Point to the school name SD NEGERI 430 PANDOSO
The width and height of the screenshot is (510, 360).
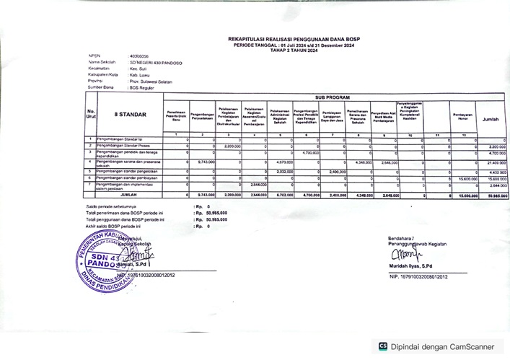157,63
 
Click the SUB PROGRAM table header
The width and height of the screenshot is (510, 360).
332,97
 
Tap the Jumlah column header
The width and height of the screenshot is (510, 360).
491,118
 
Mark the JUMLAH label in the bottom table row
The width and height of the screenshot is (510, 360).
128,195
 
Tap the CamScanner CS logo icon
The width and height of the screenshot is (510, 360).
384,347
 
